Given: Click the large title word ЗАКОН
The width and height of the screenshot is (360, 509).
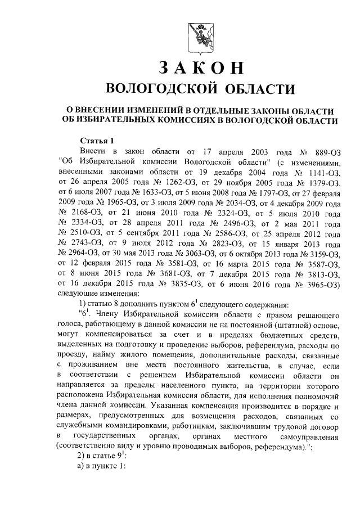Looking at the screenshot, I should [x=200, y=67].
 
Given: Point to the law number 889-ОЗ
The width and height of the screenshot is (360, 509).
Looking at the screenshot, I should [x=325, y=151].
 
